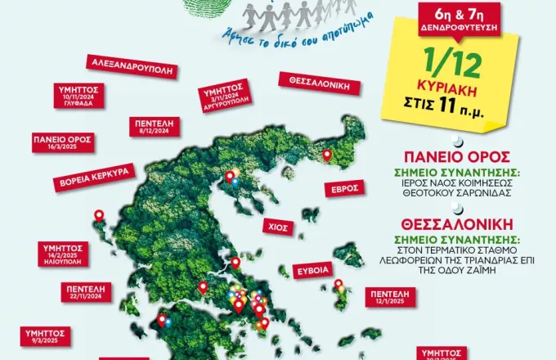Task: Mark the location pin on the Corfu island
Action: tap(100, 216)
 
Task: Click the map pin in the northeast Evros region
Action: tap(327, 154)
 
